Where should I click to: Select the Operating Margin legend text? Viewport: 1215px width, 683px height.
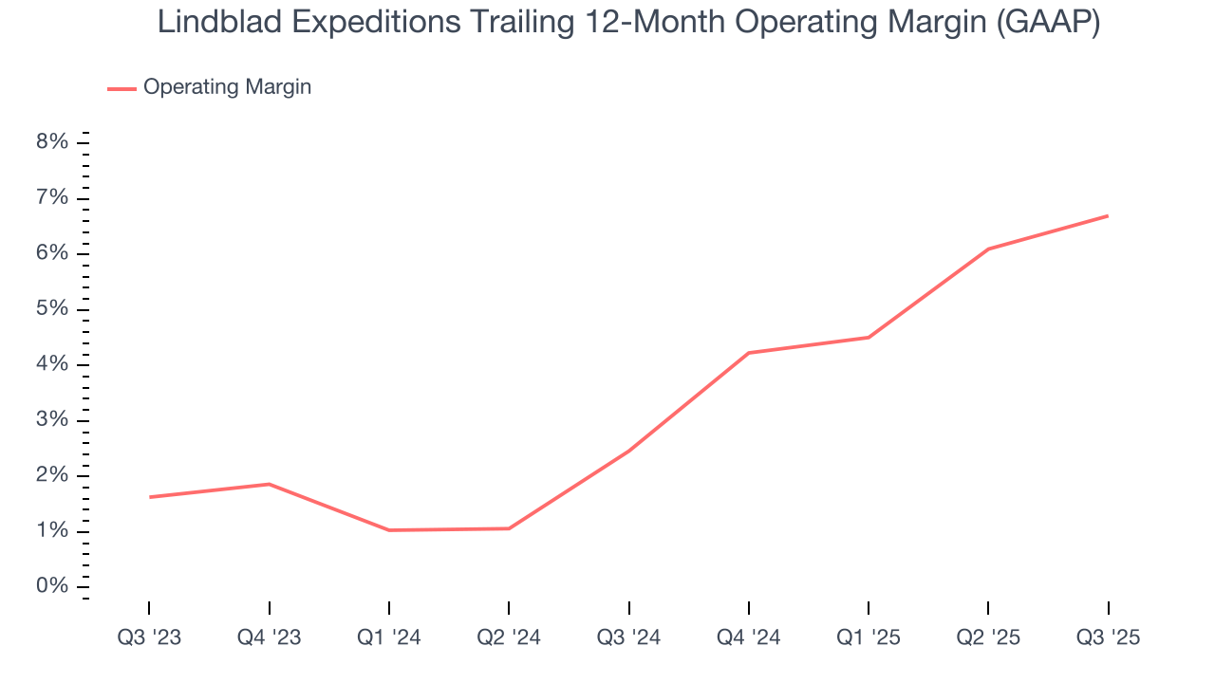pyautogui.click(x=227, y=87)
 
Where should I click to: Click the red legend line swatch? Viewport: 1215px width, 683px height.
pyautogui.click(x=121, y=88)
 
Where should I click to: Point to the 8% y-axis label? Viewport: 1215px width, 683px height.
pyautogui.click(x=52, y=142)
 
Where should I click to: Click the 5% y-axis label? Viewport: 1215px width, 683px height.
pyautogui.click(x=52, y=309)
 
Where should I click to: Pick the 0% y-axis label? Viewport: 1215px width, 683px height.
pyautogui.click(x=52, y=586)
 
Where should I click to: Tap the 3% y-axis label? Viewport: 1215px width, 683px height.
pyautogui.click(x=52, y=420)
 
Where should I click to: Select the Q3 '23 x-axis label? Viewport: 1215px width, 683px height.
pyautogui.click(x=149, y=637)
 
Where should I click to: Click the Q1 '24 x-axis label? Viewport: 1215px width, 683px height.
pyautogui.click(x=389, y=637)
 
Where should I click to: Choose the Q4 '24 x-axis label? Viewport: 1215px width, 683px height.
pyautogui.click(x=749, y=637)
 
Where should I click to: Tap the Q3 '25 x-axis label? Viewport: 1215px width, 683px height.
pyautogui.click(x=1108, y=637)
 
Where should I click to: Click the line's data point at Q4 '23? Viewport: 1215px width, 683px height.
pyautogui.click(x=270, y=484)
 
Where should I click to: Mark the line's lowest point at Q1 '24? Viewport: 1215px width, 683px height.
pyautogui.click(x=389, y=530)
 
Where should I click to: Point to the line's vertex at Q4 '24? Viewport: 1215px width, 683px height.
pyautogui.click(x=749, y=353)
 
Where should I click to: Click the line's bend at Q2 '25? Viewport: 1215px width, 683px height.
pyautogui.click(x=988, y=249)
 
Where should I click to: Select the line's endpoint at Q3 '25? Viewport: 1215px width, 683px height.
pyautogui.click(x=1108, y=216)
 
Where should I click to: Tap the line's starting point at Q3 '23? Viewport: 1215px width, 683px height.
pyautogui.click(x=150, y=497)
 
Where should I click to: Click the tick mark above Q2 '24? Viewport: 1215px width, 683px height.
pyautogui.click(x=509, y=608)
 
